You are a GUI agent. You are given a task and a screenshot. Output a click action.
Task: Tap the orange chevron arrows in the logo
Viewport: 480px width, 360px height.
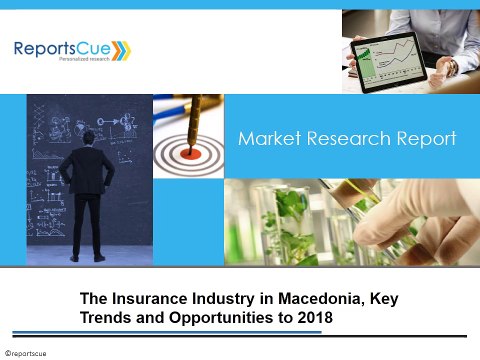click(x=118, y=47)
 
